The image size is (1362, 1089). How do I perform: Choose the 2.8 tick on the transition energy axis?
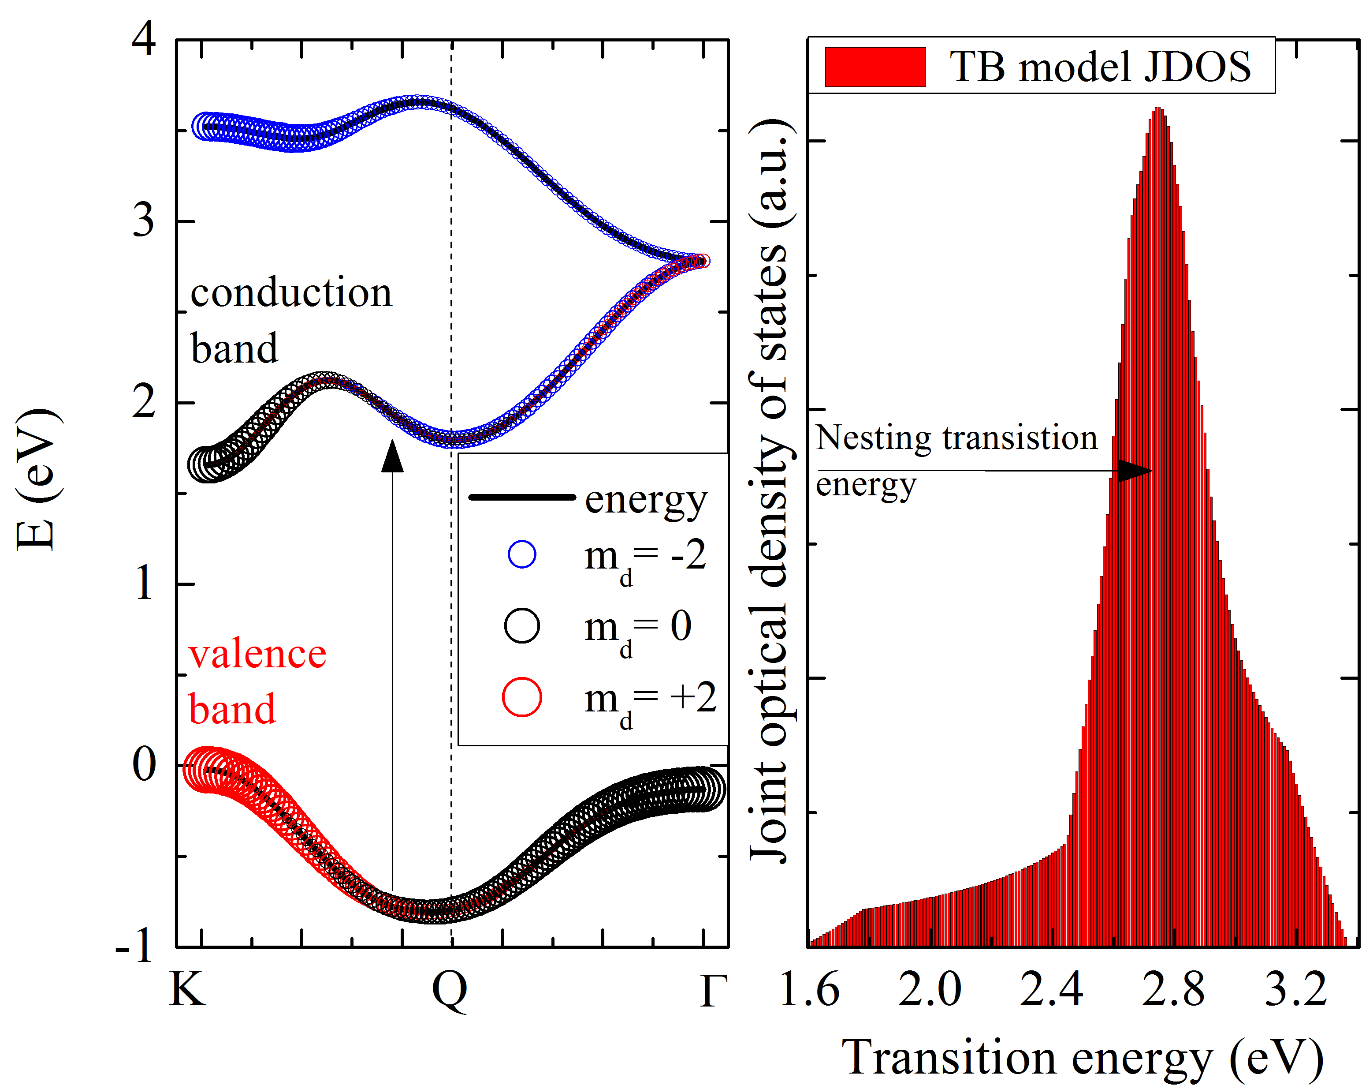coord(1173,990)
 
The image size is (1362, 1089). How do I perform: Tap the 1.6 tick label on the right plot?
coord(809,990)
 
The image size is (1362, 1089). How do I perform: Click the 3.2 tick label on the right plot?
coord(1295,990)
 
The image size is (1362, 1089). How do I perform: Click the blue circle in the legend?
coord(522,555)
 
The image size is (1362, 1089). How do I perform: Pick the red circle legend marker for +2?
coord(522,697)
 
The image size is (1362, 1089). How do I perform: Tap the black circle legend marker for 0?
coord(522,626)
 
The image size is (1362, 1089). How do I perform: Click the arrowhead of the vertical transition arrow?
coord(392,457)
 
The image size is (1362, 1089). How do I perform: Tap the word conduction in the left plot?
coord(291,293)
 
